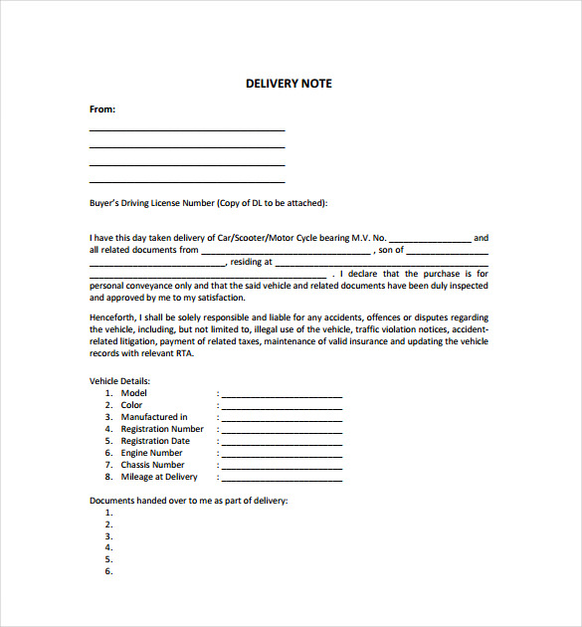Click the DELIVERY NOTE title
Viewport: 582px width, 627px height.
(289, 84)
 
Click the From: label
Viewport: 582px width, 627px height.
(102, 109)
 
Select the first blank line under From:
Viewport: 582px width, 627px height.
(187, 129)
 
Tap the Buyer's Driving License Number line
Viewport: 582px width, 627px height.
(208, 203)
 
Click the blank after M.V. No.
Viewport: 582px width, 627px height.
(429, 240)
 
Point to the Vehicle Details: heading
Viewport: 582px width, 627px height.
(119, 381)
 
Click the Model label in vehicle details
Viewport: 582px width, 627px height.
(133, 393)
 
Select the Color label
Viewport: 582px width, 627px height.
(131, 405)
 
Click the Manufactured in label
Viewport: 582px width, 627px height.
(154, 417)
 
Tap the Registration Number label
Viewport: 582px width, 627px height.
(162, 429)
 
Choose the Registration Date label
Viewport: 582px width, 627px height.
(155, 441)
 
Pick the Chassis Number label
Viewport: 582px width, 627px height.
(152, 465)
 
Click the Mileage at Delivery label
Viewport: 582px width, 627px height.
(159, 477)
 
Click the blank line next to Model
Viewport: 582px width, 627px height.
(282, 395)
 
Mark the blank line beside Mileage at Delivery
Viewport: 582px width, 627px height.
(282, 479)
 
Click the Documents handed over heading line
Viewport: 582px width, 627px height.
(188, 501)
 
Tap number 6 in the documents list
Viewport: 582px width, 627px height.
(108, 571)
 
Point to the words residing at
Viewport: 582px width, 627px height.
(251, 263)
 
